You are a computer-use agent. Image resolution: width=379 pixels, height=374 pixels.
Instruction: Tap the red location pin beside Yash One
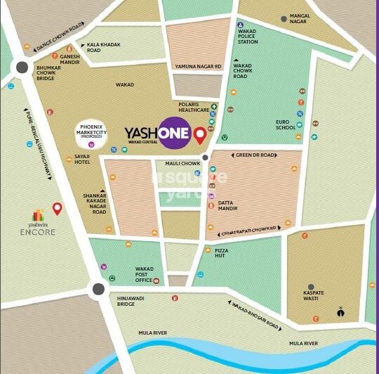pyautogui.click(x=200, y=135)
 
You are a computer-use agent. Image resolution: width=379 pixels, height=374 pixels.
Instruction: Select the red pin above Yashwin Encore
pyautogui.click(x=57, y=208)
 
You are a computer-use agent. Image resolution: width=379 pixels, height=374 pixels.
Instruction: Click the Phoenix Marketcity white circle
pyautogui.click(x=91, y=133)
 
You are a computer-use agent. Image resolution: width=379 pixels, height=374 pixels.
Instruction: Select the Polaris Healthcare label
pyautogui.click(x=193, y=107)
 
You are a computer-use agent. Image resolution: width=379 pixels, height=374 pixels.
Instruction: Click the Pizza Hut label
pyautogui.click(x=221, y=253)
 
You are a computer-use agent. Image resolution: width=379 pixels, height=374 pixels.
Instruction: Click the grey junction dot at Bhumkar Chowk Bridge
pyautogui.click(x=22, y=67)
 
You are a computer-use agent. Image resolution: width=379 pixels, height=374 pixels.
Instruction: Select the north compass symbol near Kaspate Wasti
pyautogui.click(x=340, y=312)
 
